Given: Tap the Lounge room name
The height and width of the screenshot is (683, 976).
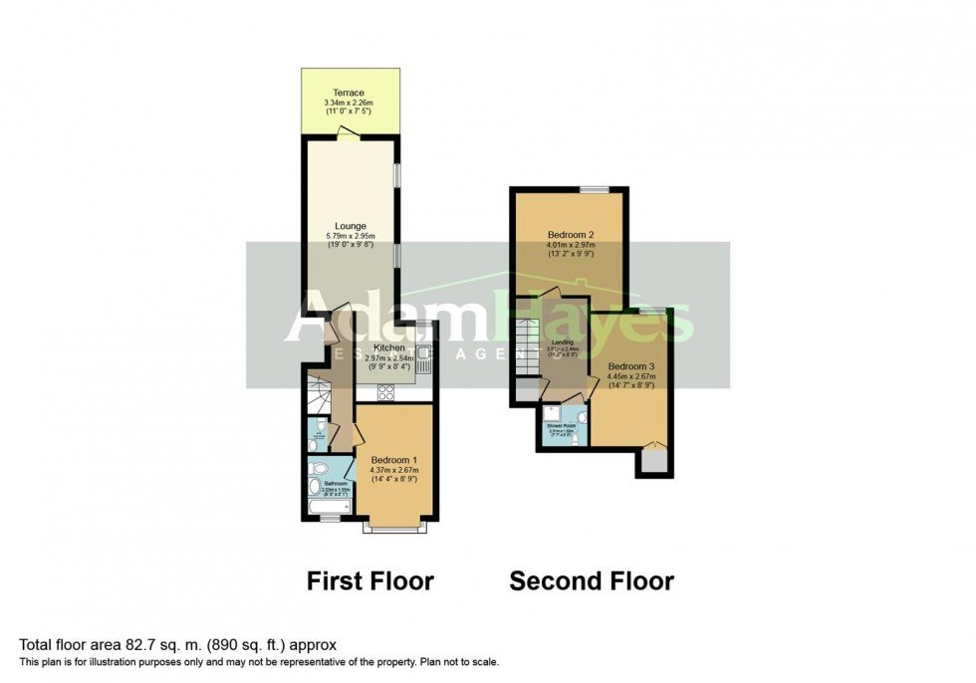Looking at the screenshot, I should click(x=351, y=226).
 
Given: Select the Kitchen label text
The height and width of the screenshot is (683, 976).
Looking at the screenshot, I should click(x=389, y=347).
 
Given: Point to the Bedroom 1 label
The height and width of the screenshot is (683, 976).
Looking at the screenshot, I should click(x=393, y=459).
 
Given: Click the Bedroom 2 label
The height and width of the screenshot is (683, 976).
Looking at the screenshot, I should click(x=569, y=233).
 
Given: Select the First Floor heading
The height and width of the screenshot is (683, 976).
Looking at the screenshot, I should click(x=369, y=581).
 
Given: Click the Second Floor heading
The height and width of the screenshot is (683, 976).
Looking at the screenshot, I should click(x=592, y=581).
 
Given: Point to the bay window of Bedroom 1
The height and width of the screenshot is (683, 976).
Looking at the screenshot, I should click(x=395, y=527).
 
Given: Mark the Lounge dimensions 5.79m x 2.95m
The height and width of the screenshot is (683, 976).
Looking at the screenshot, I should click(x=351, y=236).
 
